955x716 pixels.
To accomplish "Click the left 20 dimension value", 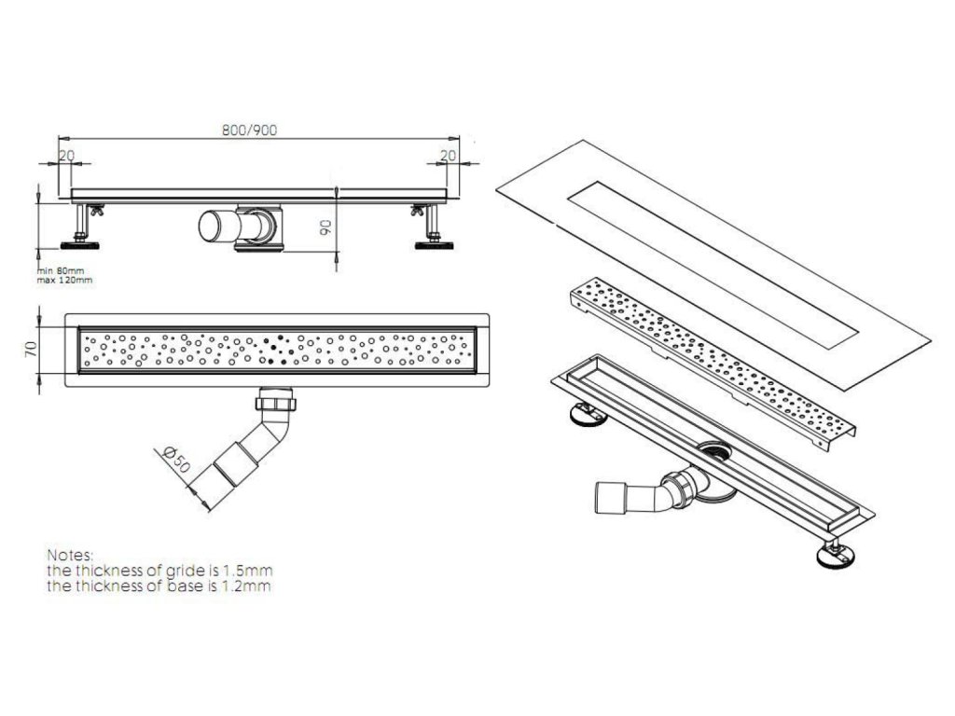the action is tap(65, 157).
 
